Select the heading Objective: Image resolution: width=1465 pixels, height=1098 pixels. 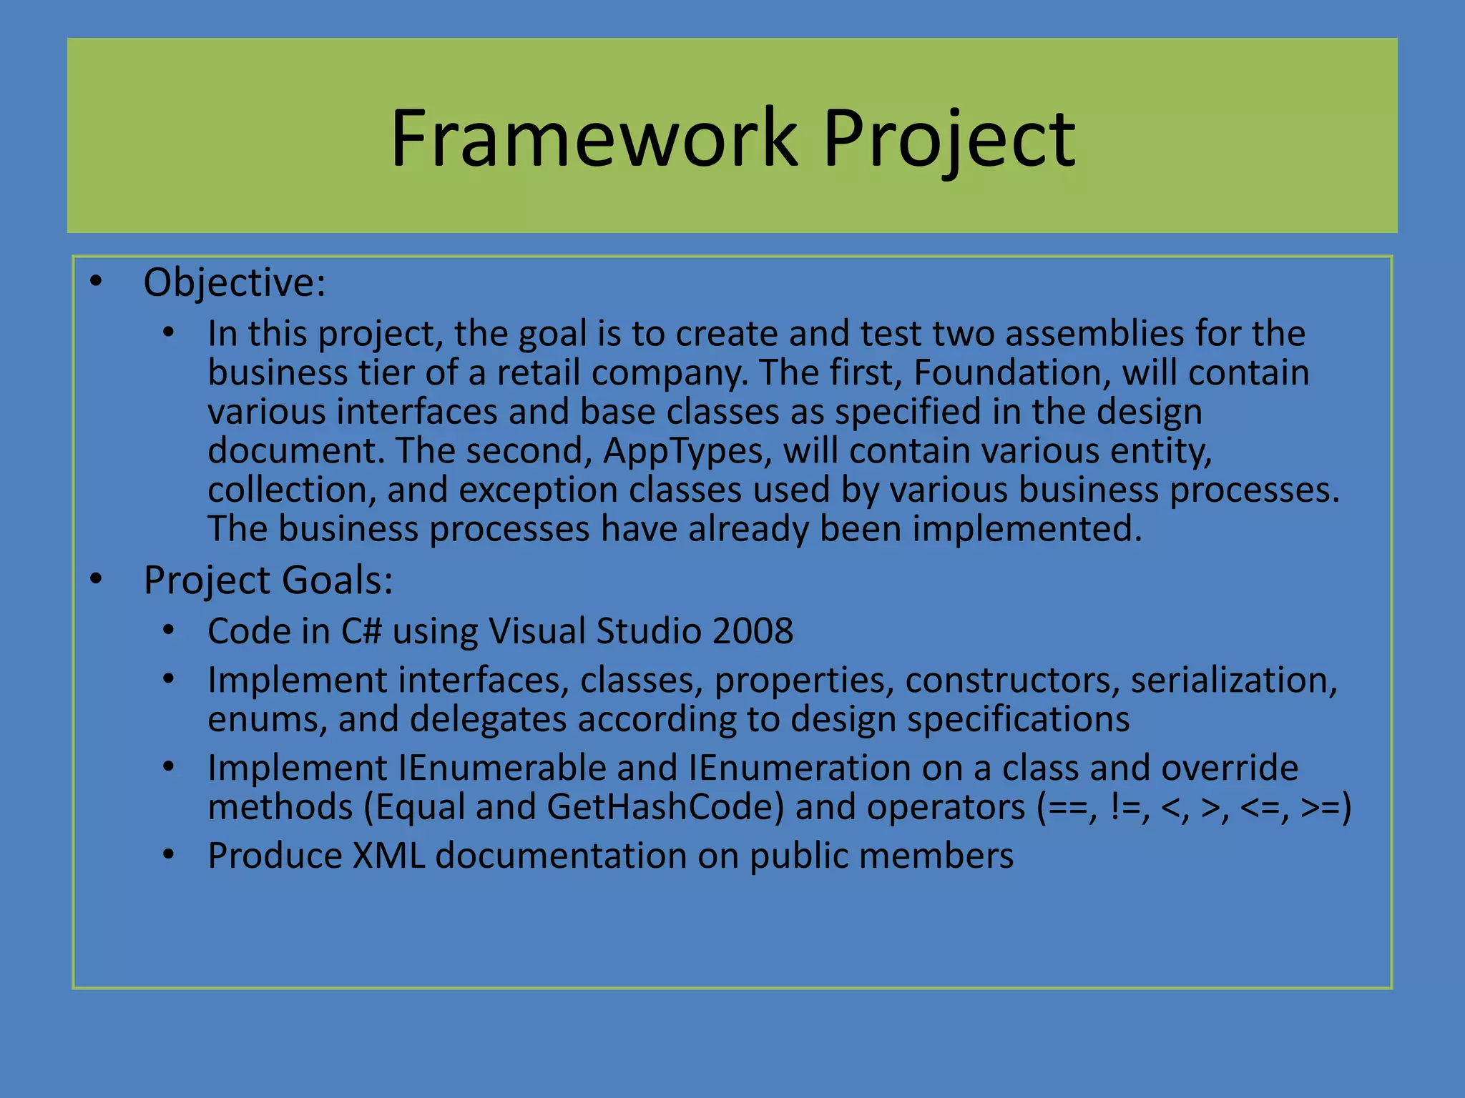[x=235, y=282]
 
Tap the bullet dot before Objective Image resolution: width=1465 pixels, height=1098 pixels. [x=97, y=282]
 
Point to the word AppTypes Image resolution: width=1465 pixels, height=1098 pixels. [x=687, y=451]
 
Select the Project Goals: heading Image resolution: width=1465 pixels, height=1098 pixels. [x=268, y=580]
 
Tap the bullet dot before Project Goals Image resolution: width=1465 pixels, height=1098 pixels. [x=97, y=579]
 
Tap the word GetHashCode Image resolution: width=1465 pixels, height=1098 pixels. [x=665, y=808]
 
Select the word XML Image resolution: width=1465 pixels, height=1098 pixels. [x=388, y=856]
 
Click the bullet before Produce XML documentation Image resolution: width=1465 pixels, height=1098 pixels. [x=168, y=855]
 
